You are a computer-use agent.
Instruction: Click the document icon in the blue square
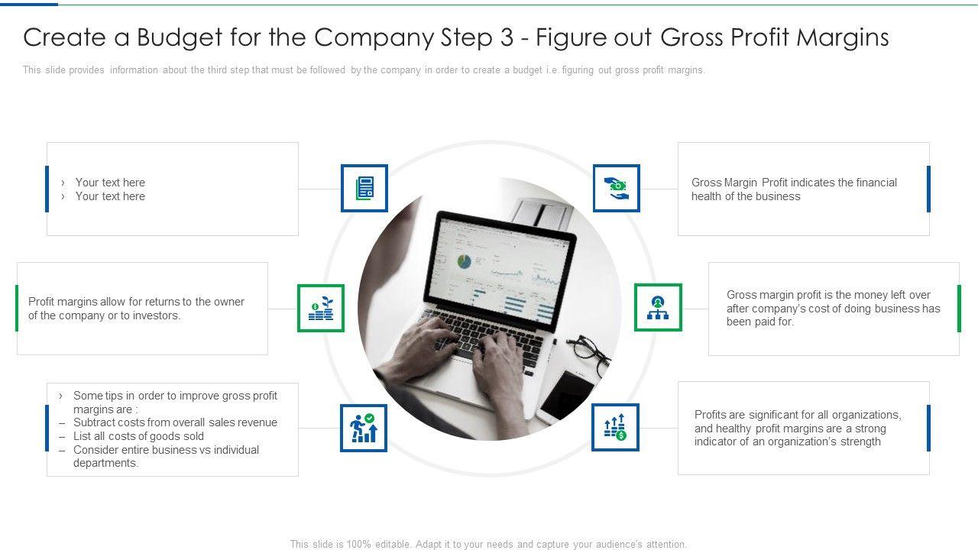point(364,188)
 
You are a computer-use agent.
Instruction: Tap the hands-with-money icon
point(616,188)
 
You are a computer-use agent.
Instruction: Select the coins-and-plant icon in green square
point(321,308)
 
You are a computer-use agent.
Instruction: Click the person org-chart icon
point(658,308)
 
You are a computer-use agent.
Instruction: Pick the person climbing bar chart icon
point(364,428)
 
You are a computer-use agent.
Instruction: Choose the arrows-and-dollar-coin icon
point(615,427)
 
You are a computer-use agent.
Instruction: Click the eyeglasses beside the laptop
point(588,354)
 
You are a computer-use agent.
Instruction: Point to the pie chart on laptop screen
point(464,261)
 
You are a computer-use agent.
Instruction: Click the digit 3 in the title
point(507,37)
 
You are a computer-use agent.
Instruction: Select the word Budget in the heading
point(180,38)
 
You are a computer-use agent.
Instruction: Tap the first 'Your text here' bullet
point(110,182)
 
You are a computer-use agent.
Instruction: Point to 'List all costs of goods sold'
point(138,436)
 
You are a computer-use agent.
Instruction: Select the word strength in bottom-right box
point(860,442)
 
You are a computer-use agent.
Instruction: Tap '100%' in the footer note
point(358,545)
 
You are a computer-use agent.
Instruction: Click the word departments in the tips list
point(105,463)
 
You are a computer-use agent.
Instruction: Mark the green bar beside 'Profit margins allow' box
point(17,308)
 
